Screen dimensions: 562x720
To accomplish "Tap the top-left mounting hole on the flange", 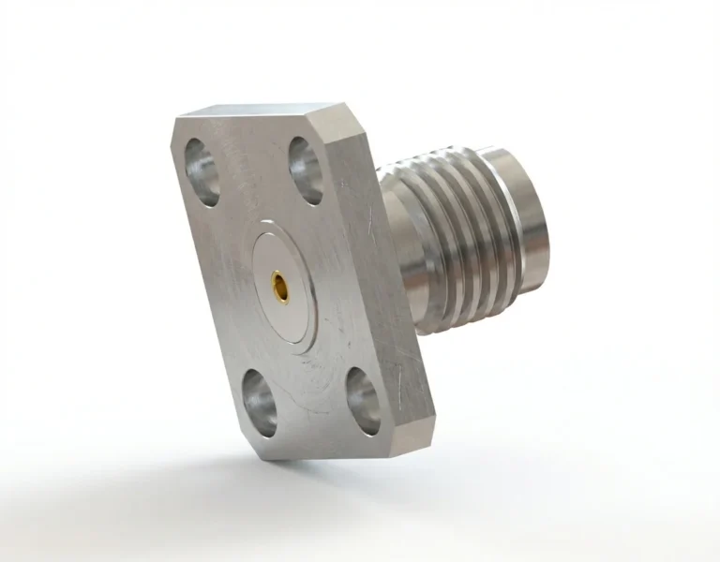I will (x=202, y=171).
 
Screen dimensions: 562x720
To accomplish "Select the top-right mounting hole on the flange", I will (x=305, y=169).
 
